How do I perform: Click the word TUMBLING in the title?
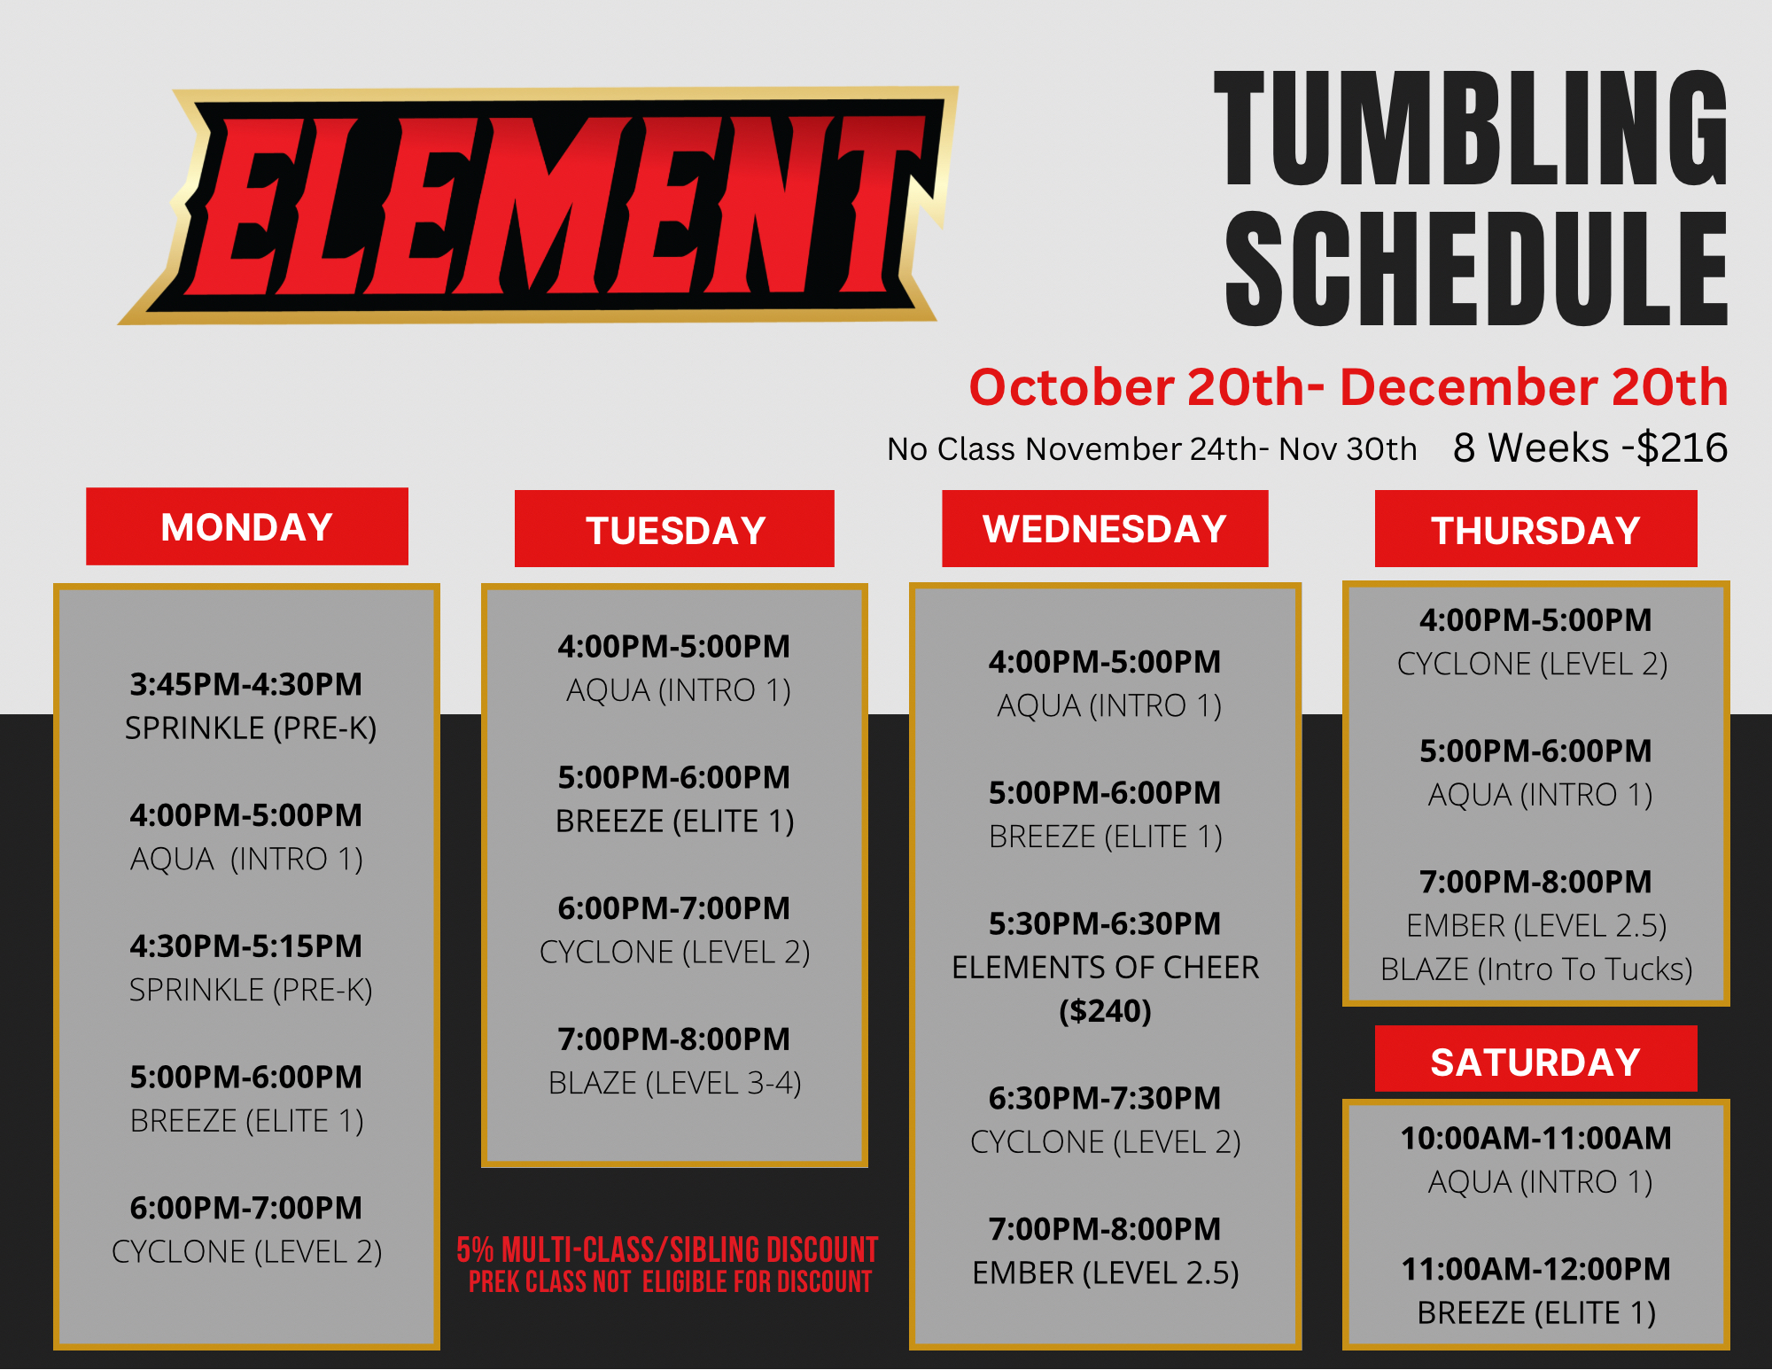(1471, 128)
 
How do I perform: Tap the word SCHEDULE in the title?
(1476, 268)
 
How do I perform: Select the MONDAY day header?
(246, 527)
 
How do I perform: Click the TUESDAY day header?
(675, 530)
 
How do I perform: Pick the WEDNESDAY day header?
(1105, 529)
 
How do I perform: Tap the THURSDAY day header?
(1536, 530)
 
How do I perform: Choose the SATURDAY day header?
(1536, 1061)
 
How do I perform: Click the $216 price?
(1682, 448)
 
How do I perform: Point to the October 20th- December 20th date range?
(1348, 387)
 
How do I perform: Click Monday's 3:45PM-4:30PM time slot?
(246, 684)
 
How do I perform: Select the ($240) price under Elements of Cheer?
(1105, 1011)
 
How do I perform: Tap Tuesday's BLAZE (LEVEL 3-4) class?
(675, 1083)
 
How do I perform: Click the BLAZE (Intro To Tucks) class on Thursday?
(1536, 969)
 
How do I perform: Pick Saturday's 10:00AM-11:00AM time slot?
(1536, 1138)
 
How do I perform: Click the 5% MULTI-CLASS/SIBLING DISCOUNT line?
(667, 1249)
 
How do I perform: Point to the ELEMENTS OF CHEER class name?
(1105, 968)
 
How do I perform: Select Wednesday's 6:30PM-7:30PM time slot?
(1105, 1098)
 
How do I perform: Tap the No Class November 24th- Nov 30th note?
(1152, 449)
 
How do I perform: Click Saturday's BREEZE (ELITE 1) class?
(1536, 1312)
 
